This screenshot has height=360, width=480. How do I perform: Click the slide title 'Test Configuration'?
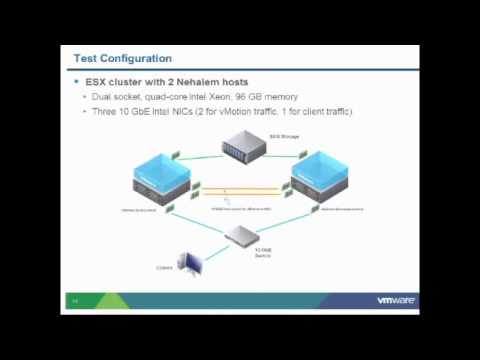122,59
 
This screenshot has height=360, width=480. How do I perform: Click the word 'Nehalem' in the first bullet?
187,81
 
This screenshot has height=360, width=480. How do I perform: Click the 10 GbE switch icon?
241,236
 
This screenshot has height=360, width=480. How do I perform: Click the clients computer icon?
189,264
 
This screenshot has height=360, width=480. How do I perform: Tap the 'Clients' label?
163,267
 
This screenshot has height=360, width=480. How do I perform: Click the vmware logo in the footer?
396,300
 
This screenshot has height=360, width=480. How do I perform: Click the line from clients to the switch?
212,251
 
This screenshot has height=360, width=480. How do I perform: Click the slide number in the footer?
74,300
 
